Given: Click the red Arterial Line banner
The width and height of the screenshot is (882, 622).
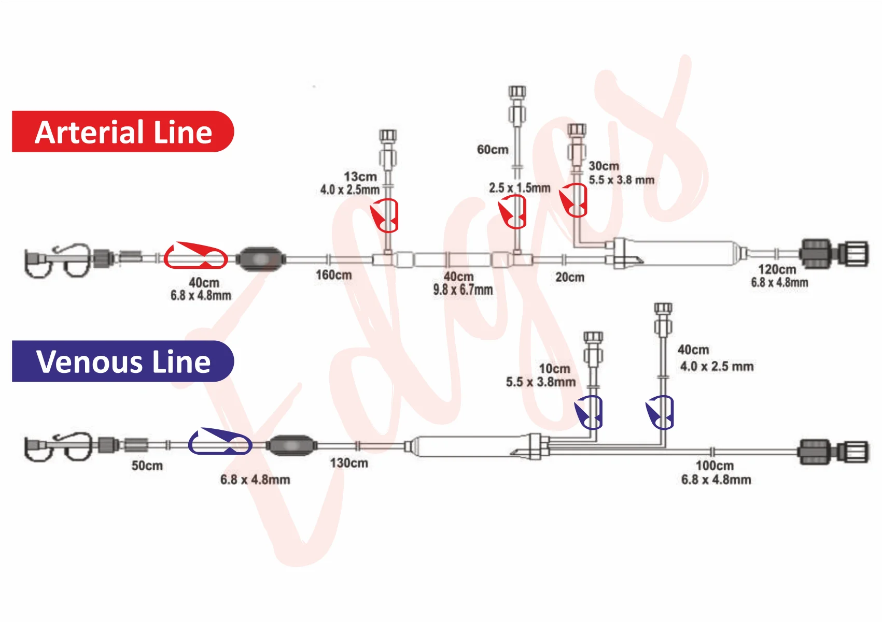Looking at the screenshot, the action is [123, 132].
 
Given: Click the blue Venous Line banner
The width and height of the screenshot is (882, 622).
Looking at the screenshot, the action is [123, 361].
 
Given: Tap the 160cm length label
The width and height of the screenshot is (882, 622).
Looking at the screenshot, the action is [333, 275].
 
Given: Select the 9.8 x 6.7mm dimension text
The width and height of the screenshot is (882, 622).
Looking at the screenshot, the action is [463, 290].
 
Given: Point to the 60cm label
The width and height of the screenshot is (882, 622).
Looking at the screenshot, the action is [493, 149].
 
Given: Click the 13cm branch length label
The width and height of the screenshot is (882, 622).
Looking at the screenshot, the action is [360, 177].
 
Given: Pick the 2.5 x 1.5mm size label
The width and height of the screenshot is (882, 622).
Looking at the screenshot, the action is [520, 188].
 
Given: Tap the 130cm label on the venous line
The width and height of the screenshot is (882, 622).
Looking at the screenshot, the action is [349, 463].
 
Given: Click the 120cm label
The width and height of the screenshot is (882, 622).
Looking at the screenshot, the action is [777, 269].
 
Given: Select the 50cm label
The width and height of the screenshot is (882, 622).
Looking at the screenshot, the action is [147, 466].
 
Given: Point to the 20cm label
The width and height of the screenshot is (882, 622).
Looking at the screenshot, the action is [570, 277].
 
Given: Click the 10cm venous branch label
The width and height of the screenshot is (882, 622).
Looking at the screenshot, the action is [554, 368].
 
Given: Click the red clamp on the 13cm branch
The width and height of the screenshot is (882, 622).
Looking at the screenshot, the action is [385, 215].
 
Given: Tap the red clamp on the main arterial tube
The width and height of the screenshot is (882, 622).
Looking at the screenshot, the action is [195, 255].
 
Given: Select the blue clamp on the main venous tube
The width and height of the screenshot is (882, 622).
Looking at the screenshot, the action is [220, 441].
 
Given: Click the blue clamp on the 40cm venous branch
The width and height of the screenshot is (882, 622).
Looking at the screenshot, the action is [660, 412].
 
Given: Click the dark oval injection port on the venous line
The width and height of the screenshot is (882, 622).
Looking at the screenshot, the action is [292, 445].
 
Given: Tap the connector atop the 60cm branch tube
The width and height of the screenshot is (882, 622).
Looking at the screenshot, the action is [517, 105].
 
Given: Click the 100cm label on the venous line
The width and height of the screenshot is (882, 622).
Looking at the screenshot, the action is [715, 466].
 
